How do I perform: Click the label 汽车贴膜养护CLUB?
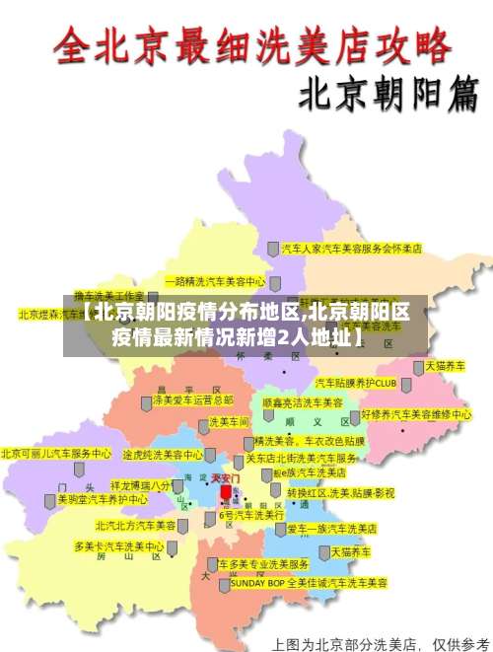pos(355,382)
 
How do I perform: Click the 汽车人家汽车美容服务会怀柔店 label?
pos(352,249)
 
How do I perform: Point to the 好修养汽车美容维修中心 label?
pos(416,414)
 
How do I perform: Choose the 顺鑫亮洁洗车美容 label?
pos(302,402)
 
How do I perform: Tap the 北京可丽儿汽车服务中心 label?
pos(56,454)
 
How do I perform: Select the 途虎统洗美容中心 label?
pos(163,456)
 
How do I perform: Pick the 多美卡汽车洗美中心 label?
pos(118,545)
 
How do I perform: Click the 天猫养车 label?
pos(350,551)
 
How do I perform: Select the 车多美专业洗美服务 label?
pos(263,564)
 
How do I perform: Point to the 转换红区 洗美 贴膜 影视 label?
pos(340,491)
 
